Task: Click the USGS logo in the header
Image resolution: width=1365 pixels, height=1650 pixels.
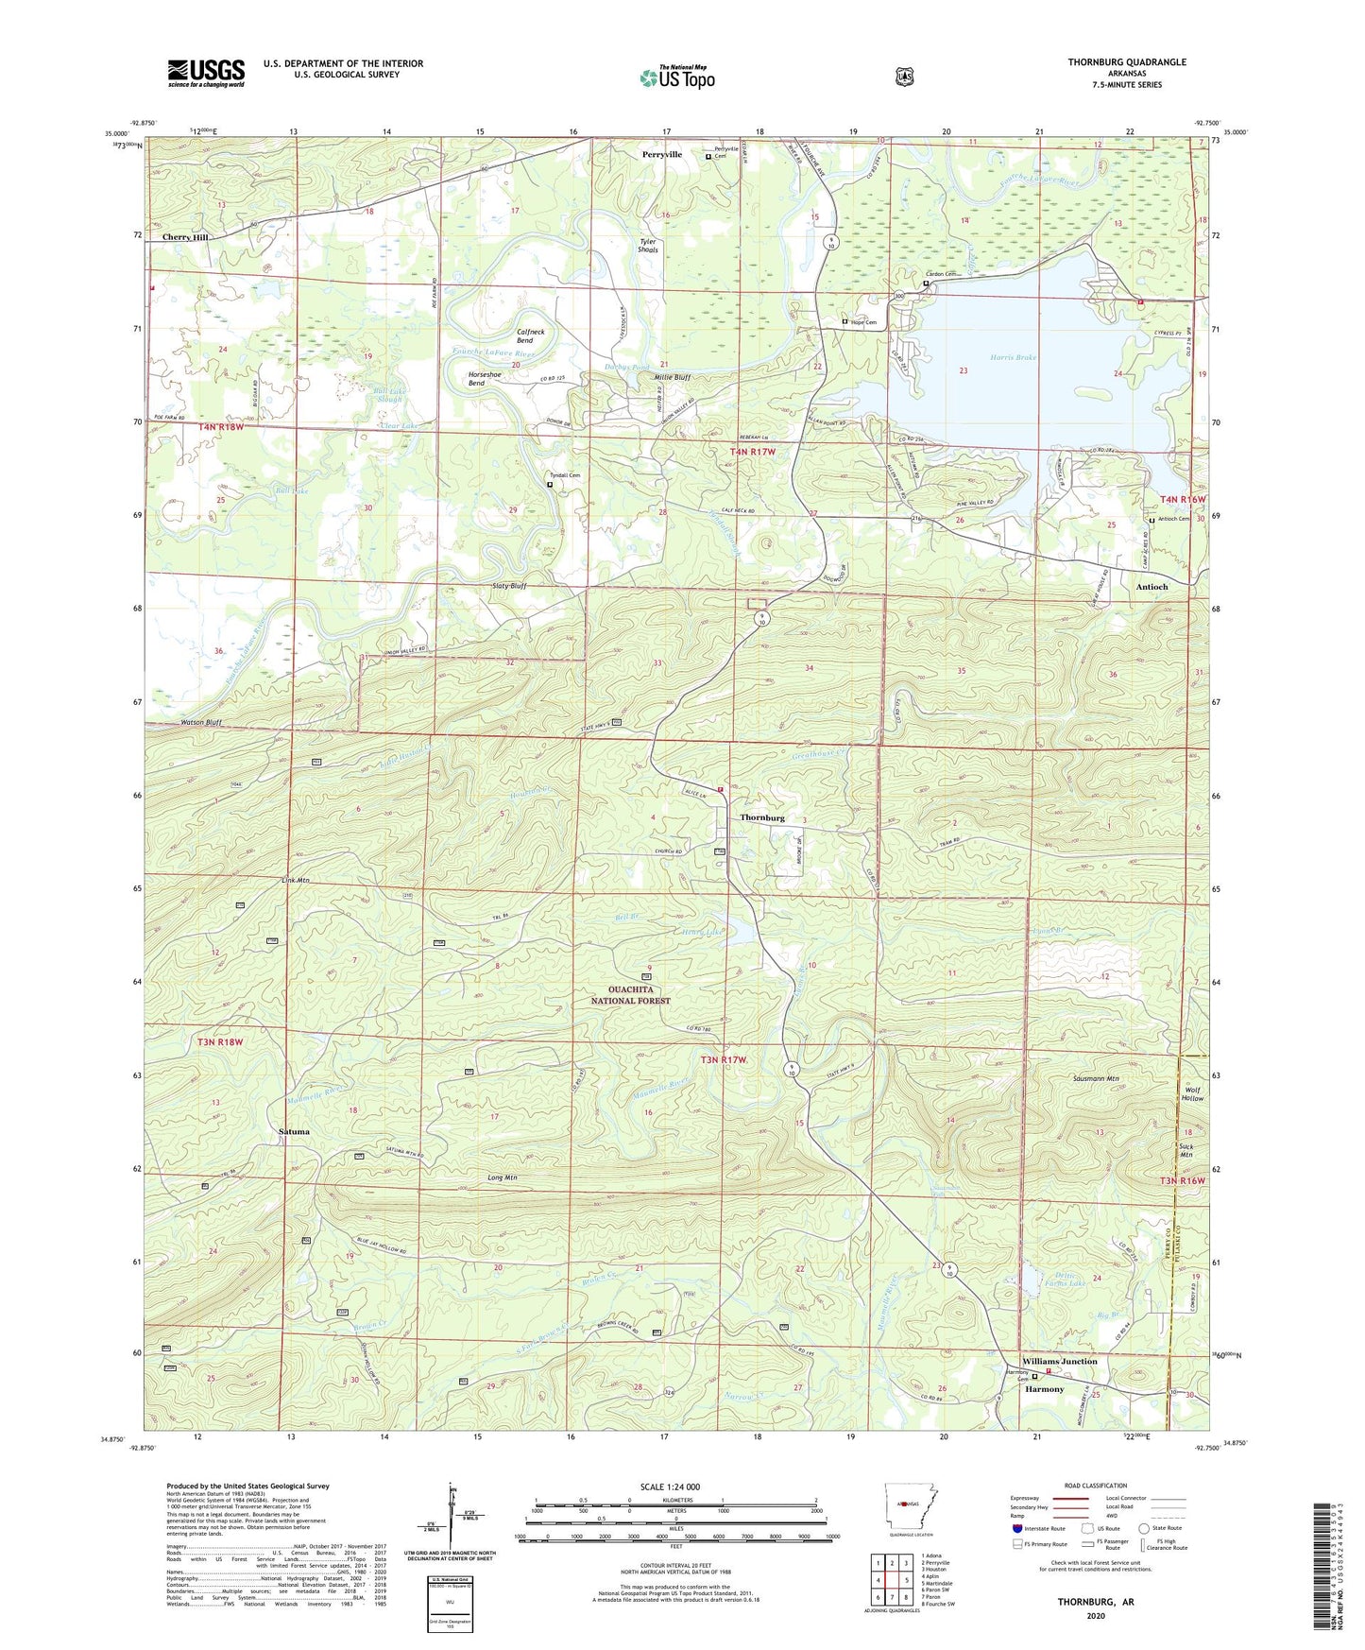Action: [206, 73]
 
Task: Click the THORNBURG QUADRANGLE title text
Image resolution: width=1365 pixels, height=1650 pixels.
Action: [1114, 62]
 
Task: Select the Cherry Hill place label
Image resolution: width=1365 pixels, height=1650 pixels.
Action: [184, 237]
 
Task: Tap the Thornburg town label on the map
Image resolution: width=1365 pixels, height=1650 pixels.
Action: [762, 817]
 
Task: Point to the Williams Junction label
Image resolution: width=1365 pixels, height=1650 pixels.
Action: [1063, 1361]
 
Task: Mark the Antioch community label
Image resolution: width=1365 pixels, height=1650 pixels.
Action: [1152, 587]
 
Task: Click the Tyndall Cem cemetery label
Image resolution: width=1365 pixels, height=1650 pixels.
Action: [559, 475]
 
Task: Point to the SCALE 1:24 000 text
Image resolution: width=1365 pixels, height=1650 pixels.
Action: [674, 1487]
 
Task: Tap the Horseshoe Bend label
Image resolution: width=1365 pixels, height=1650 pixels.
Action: [490, 378]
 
